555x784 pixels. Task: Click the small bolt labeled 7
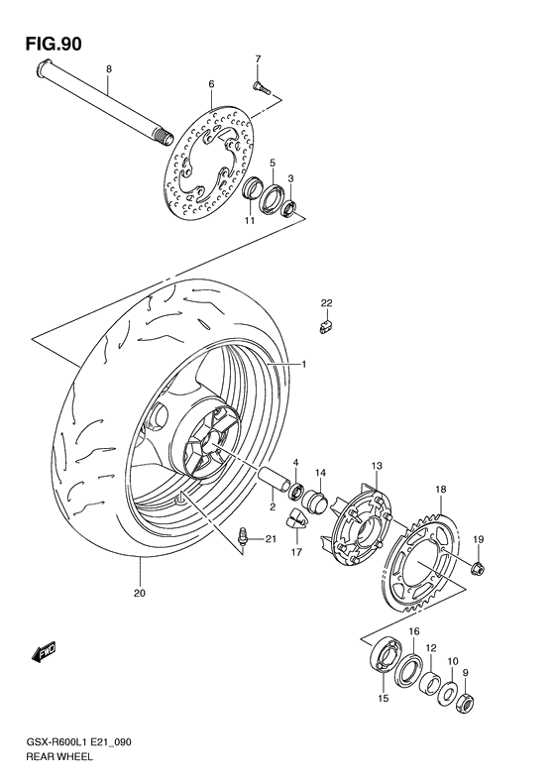[263, 87]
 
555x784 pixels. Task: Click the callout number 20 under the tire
[141, 595]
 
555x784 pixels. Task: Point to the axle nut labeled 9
[462, 702]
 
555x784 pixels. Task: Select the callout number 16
[414, 631]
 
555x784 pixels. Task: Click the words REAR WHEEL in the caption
[58, 756]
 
